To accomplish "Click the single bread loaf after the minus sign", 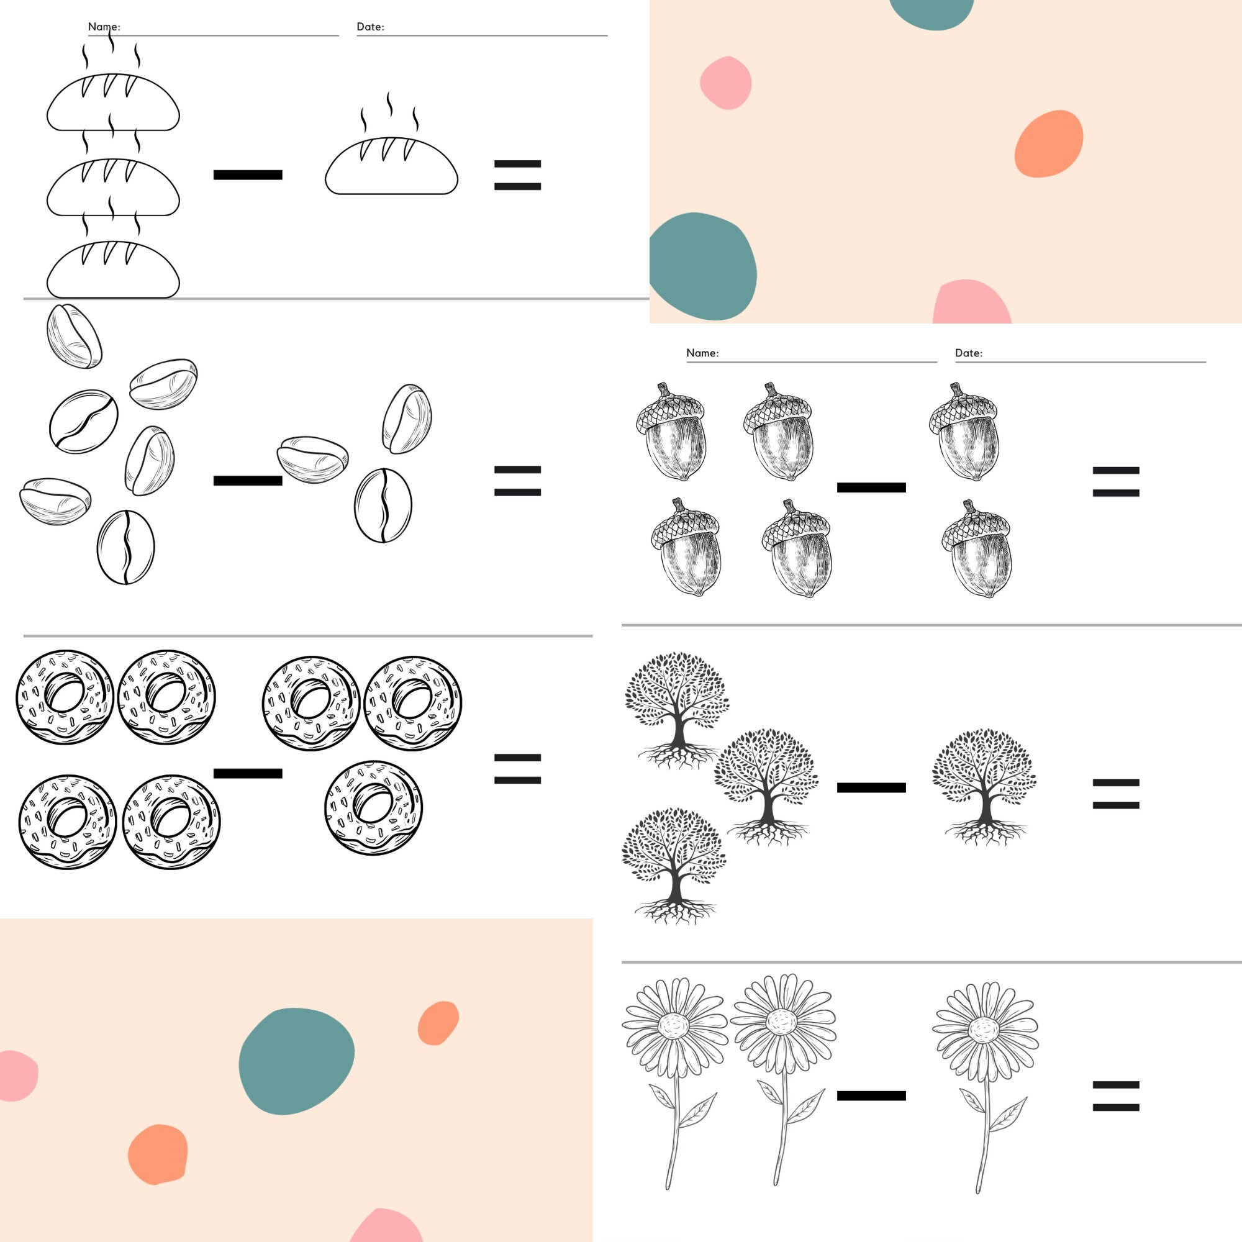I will pos(391,166).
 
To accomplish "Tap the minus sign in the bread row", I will pos(248,175).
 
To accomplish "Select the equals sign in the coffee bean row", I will pos(517,481).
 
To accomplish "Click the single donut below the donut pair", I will pos(373,808).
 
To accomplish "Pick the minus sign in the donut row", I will pos(248,773).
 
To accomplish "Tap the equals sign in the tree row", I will pos(1116,794).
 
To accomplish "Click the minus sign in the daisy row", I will pos(871,1096).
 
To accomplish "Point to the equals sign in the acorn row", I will pos(1116,482).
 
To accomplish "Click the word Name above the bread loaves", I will pos(104,27).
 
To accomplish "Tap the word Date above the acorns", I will pos(968,353).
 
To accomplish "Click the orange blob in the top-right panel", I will pos(1048,144).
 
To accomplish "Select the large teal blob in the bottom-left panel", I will pos(296,1061).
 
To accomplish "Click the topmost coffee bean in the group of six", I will pos(74,336).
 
